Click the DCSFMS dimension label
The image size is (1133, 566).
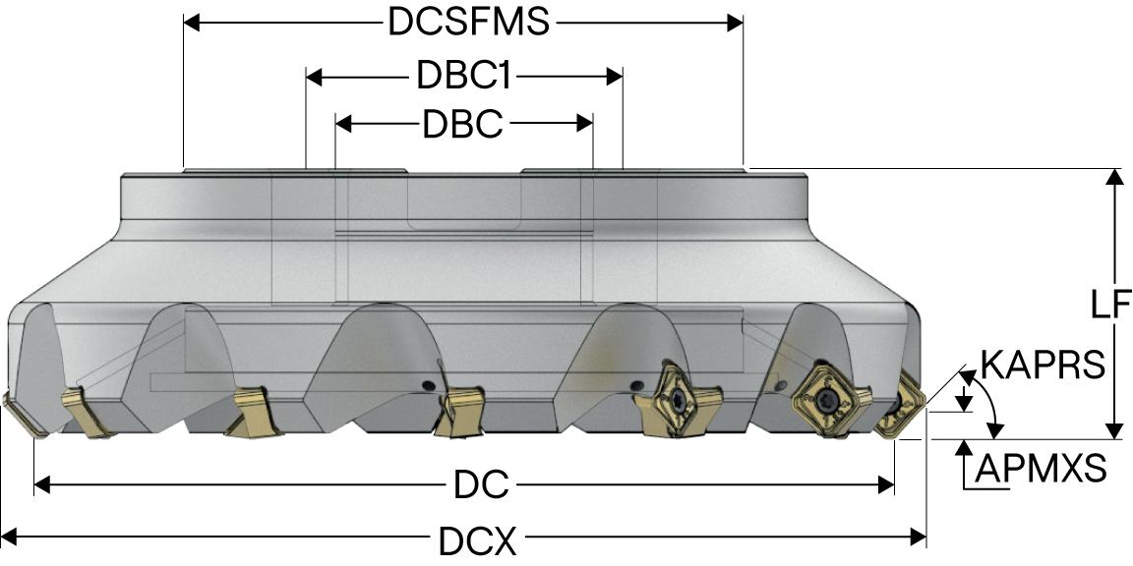[x=468, y=23]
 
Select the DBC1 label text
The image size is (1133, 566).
[x=463, y=76]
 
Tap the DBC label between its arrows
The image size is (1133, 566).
[x=462, y=124]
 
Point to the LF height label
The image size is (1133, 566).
[x=1110, y=307]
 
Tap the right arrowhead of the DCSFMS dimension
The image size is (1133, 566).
[x=736, y=23]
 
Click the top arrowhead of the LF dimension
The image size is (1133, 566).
[x=1113, y=177]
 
